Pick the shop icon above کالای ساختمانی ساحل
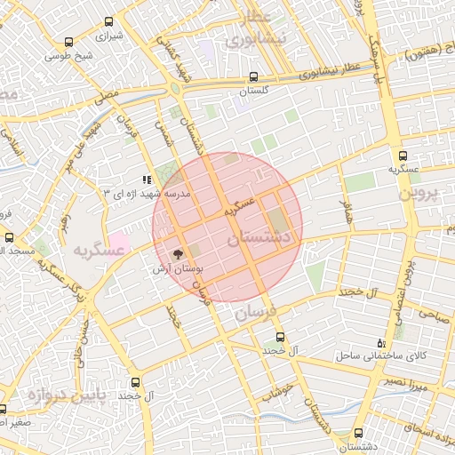click(x=381, y=342)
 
